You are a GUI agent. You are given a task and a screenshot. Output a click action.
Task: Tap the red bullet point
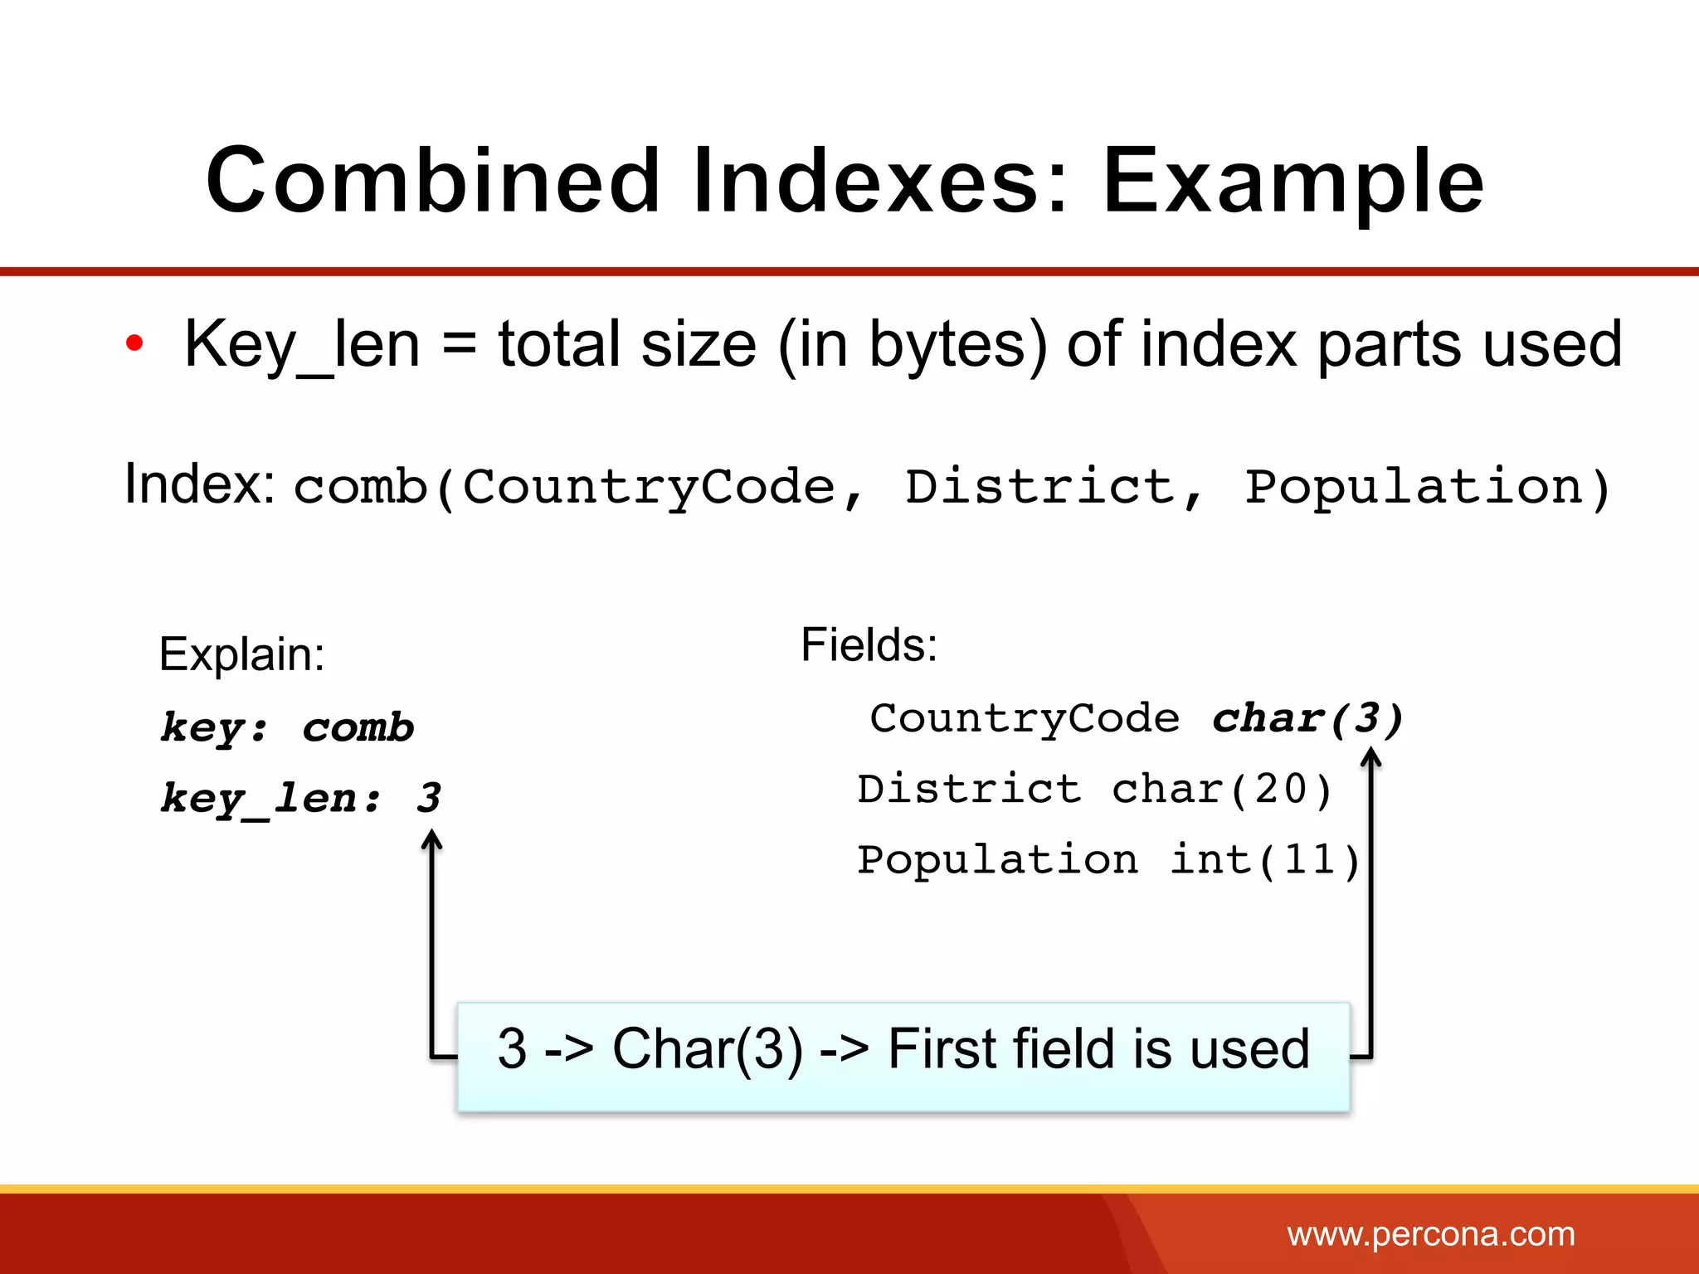[134, 343]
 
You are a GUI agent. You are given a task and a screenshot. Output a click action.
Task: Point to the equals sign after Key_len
[459, 344]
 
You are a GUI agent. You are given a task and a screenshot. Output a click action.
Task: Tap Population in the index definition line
[1414, 487]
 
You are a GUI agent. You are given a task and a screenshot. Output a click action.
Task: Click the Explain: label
[241, 654]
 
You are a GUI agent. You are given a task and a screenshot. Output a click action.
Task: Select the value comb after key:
[358, 727]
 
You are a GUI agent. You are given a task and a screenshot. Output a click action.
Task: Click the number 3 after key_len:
[429, 798]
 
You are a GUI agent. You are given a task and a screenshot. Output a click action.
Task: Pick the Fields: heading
[869, 644]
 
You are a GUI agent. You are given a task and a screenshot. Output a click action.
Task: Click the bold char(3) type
[1307, 718]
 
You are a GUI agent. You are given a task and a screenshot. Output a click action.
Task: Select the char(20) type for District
[1221, 789]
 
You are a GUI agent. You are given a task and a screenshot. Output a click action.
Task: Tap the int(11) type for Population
[1264, 860]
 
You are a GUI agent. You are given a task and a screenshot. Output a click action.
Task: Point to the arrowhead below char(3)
[1371, 756]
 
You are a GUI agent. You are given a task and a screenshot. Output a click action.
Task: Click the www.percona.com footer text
[1430, 1234]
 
